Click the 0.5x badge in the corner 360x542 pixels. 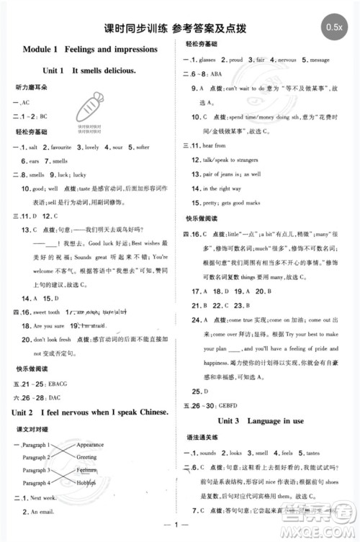click(333, 27)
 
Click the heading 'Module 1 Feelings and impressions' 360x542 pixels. click(90, 49)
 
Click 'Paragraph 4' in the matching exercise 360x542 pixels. click(35, 482)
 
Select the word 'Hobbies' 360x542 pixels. click(86, 482)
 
